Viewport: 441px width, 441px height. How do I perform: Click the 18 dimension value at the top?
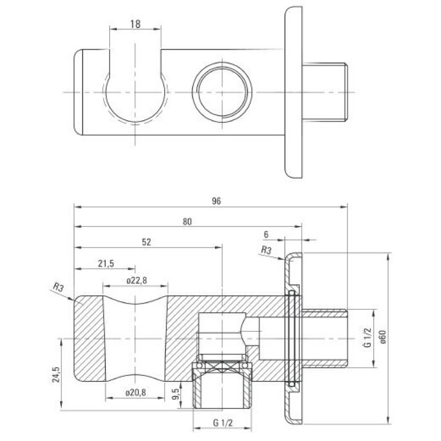pyautogui.click(x=135, y=24)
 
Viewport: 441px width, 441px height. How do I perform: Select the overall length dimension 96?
pyautogui.click(x=216, y=201)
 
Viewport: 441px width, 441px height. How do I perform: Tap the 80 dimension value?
pyautogui.click(x=187, y=222)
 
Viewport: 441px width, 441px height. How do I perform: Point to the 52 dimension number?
pyautogui.click(x=146, y=242)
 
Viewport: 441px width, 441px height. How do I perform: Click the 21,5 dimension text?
pyautogui.click(x=106, y=263)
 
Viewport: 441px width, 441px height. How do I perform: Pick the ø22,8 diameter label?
pyautogui.click(x=136, y=281)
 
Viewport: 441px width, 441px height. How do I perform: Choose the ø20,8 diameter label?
pyautogui.click(x=136, y=392)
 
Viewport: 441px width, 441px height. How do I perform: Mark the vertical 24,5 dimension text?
pyautogui.click(x=56, y=374)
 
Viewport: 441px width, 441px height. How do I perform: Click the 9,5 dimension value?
pyautogui.click(x=176, y=394)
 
